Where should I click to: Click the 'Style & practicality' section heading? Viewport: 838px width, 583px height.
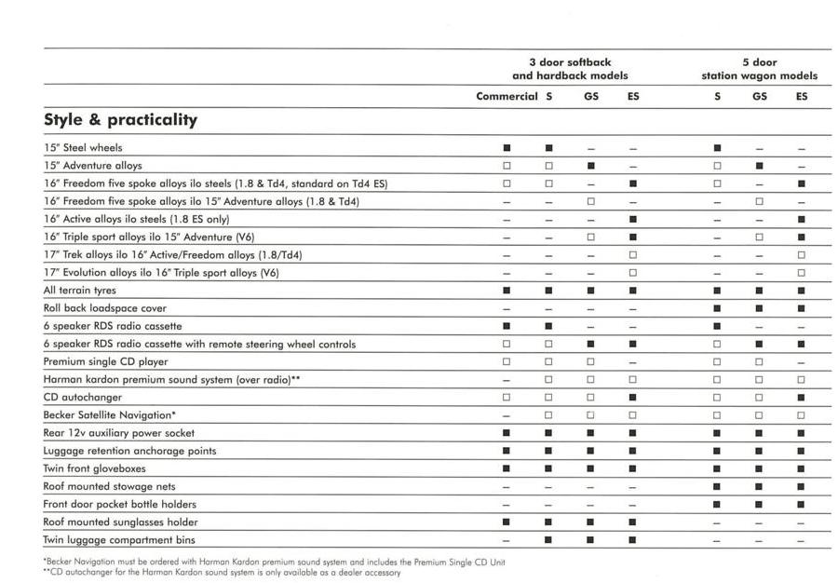click(x=120, y=120)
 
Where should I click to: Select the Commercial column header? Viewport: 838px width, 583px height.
click(x=507, y=96)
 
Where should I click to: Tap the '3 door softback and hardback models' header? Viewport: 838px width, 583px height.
click(x=570, y=69)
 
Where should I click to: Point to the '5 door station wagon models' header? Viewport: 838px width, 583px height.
click(x=759, y=69)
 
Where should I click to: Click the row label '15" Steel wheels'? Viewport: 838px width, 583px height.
click(x=83, y=148)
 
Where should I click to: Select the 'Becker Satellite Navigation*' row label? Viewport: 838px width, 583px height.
click(x=110, y=415)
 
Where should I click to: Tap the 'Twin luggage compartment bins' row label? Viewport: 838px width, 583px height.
click(x=119, y=540)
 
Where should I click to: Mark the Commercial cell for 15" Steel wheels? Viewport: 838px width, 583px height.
click(x=507, y=148)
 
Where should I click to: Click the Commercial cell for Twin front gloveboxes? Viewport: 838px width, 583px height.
click(x=507, y=468)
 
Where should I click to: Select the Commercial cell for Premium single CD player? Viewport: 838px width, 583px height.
click(x=507, y=361)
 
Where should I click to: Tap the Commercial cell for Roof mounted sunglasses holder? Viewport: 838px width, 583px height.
click(x=507, y=522)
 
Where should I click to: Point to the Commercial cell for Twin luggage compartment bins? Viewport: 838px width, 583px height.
click(x=507, y=540)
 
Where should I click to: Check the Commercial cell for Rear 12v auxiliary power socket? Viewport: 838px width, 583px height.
click(x=507, y=433)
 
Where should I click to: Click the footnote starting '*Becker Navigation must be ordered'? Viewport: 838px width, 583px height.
click(x=274, y=562)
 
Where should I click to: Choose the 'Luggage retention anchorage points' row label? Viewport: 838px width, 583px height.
click(x=129, y=451)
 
